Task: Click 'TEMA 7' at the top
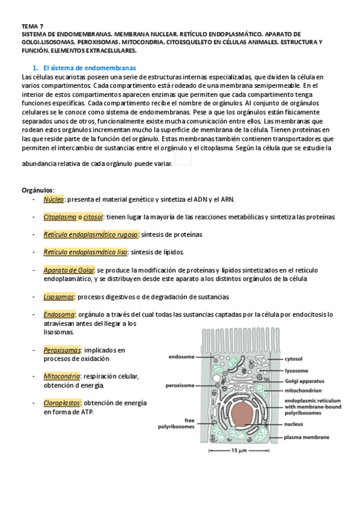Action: [x=32, y=26]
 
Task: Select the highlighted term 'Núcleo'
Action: [x=53, y=200]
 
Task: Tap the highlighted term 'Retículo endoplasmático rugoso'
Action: [x=91, y=234]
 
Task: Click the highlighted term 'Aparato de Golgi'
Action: [x=69, y=270]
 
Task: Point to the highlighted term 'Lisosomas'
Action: [x=59, y=296]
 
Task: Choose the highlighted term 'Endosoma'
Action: [x=59, y=314]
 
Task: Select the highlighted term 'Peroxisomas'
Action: [x=63, y=349]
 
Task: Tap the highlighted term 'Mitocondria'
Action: [x=61, y=376]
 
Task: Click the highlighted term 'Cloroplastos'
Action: [x=63, y=403]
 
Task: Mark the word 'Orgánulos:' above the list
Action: [x=38, y=190]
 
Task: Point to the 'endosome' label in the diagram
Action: [x=181, y=357]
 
